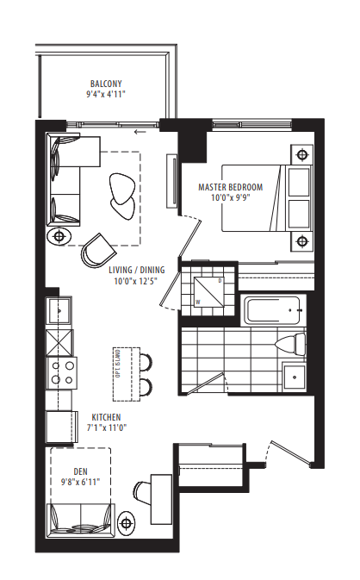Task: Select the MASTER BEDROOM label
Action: coord(231,187)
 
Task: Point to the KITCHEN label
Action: coord(107,416)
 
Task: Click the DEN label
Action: coord(81,471)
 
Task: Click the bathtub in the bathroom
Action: coord(272,311)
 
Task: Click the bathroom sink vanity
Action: coord(295,377)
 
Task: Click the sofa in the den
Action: coord(83,518)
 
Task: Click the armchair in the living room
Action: coord(97,250)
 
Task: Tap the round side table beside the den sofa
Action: coord(127,521)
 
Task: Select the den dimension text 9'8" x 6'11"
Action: coord(81,483)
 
